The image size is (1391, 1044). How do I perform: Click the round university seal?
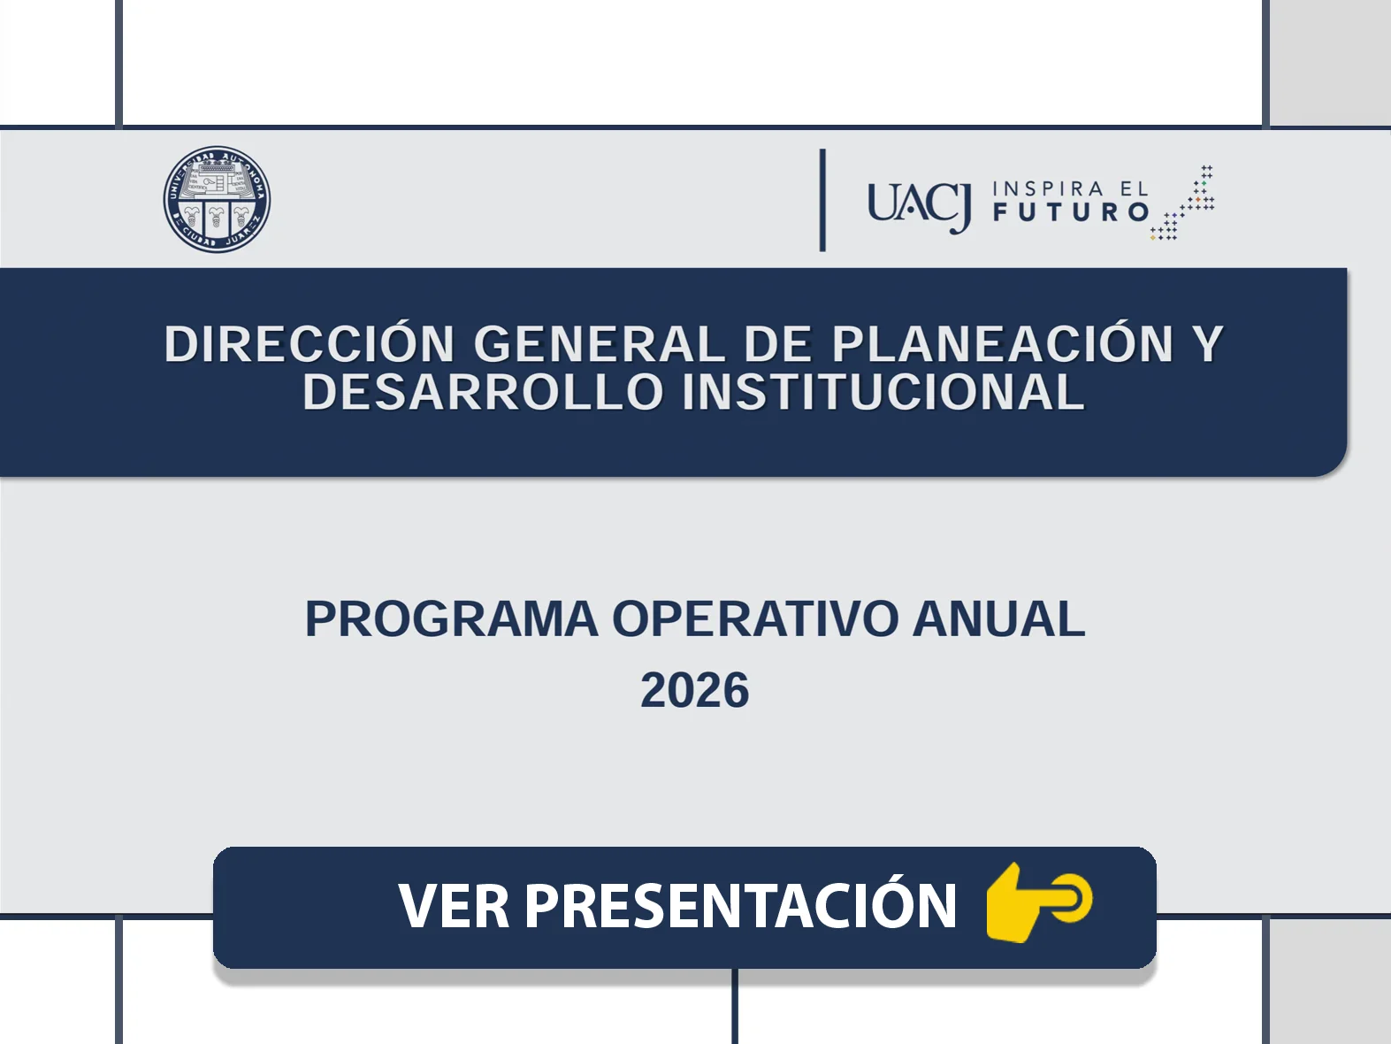[217, 199]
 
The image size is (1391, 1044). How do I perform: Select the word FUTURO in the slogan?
[1071, 212]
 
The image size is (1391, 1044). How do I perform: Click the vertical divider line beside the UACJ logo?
[822, 200]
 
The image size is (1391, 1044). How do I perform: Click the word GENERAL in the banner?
[599, 344]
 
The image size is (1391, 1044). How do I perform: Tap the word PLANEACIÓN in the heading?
[1003, 344]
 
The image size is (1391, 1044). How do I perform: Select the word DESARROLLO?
[483, 392]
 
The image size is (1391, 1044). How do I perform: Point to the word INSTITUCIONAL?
[883, 392]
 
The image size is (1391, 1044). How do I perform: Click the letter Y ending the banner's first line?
[1207, 344]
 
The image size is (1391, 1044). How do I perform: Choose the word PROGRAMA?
[451, 618]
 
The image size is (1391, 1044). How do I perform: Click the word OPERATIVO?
[755, 618]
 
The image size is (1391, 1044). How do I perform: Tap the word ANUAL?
[998, 618]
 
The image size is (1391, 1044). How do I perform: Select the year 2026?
[695, 690]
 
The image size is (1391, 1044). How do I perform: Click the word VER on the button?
[454, 907]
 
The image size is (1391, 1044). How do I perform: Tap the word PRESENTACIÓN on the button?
[741, 902]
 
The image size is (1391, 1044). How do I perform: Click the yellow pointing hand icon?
[1039, 902]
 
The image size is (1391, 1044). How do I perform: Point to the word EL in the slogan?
[1135, 189]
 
